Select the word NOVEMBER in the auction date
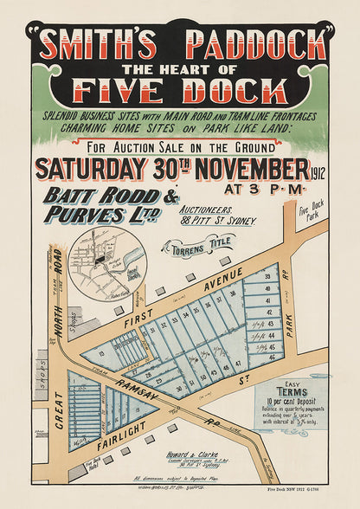point(243,166)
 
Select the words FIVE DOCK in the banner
point(180,90)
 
